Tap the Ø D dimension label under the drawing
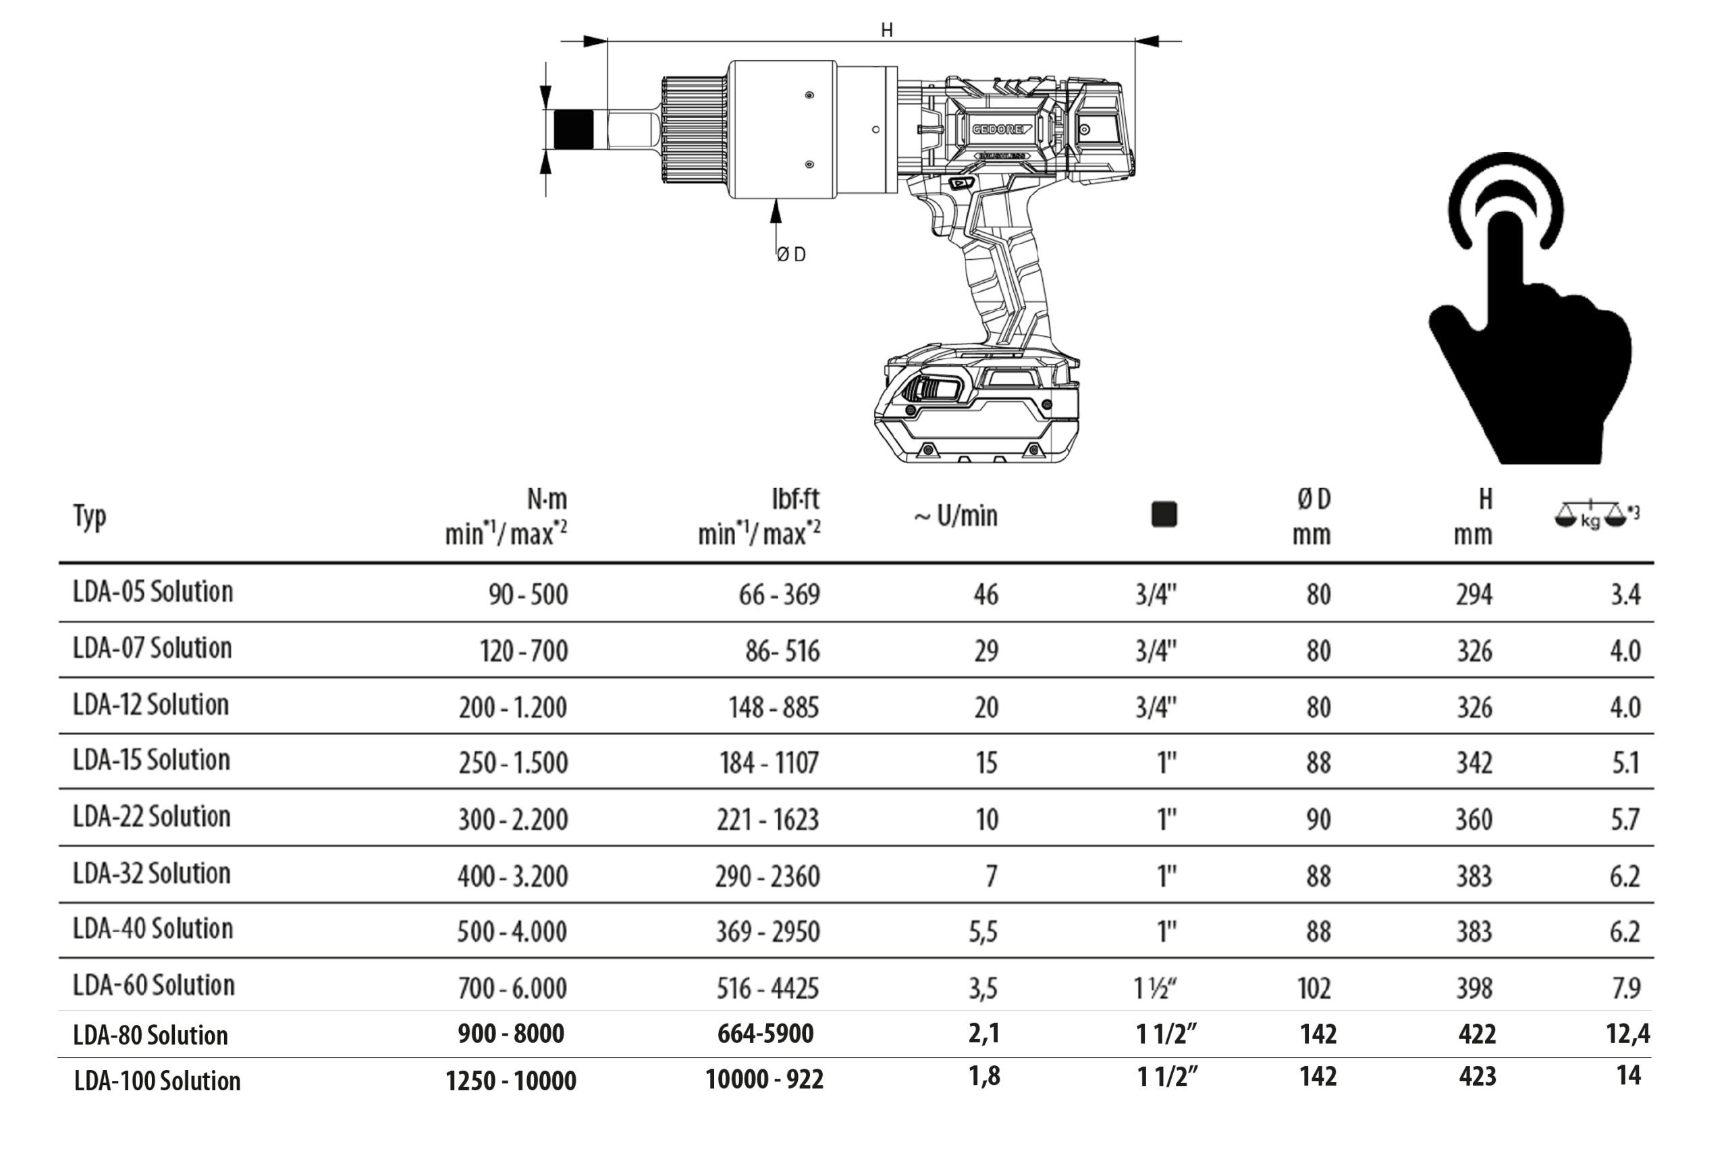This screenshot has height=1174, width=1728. (791, 255)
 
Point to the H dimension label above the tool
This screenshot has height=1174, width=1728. (886, 30)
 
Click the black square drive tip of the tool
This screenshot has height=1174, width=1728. (574, 130)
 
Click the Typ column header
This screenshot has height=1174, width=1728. (90, 515)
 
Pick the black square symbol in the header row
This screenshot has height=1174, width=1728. (1164, 514)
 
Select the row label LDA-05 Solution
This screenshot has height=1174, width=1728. (153, 592)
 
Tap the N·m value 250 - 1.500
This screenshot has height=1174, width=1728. (513, 763)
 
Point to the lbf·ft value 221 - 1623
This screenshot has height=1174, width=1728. (767, 820)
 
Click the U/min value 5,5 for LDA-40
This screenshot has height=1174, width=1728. (983, 932)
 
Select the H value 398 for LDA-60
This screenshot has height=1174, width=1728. (1474, 988)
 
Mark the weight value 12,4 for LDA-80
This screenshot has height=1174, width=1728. (1627, 1034)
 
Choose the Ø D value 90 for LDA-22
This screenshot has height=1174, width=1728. (1318, 820)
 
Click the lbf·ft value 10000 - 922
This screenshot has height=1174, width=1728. (764, 1079)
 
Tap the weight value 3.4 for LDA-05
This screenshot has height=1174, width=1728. (1625, 595)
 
